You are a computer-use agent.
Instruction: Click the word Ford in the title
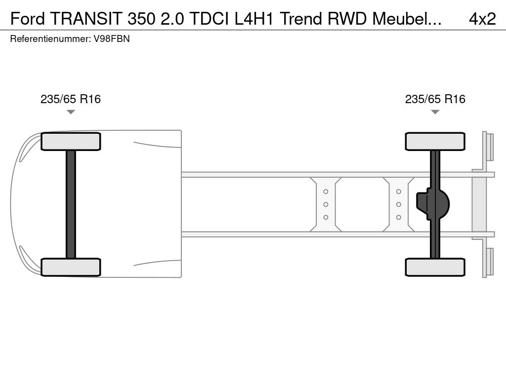coord(28,19)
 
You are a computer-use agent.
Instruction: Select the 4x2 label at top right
coord(482,19)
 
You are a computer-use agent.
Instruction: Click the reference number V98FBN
coord(112,38)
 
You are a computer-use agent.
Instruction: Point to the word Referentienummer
coord(50,38)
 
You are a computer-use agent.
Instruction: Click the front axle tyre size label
coord(71,99)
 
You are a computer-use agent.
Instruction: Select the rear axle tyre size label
coord(435,99)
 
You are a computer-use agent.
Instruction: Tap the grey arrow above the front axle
coord(71,112)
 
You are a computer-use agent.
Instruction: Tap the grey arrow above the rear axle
coord(435,112)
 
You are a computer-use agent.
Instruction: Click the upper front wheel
coord(71,142)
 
